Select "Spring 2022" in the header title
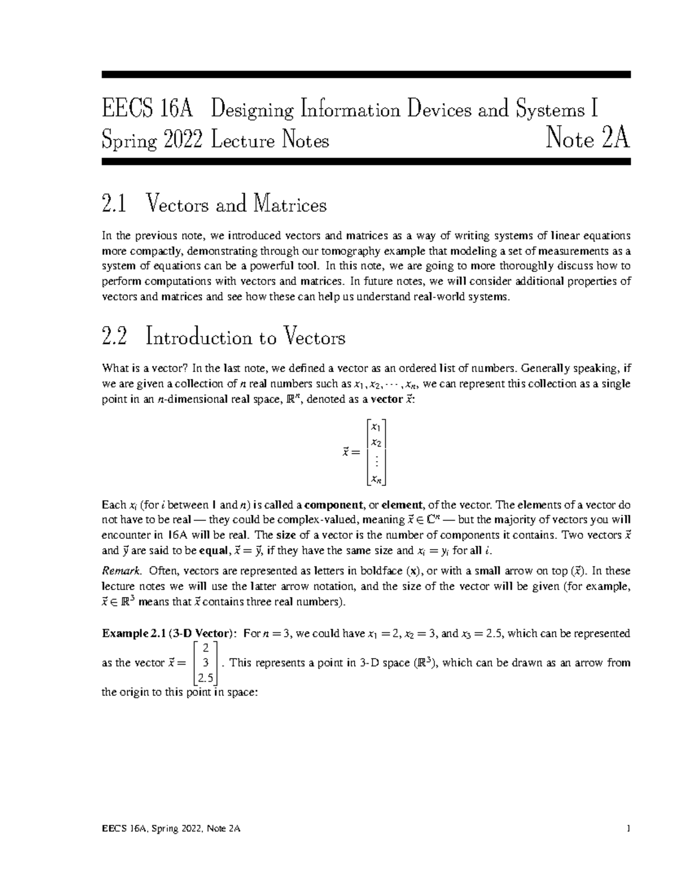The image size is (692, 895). point(152,140)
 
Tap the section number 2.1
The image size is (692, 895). point(113,205)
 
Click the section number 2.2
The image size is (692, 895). point(114,337)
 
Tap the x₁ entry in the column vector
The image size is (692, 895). point(375,427)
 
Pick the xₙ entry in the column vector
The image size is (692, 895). point(375,478)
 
